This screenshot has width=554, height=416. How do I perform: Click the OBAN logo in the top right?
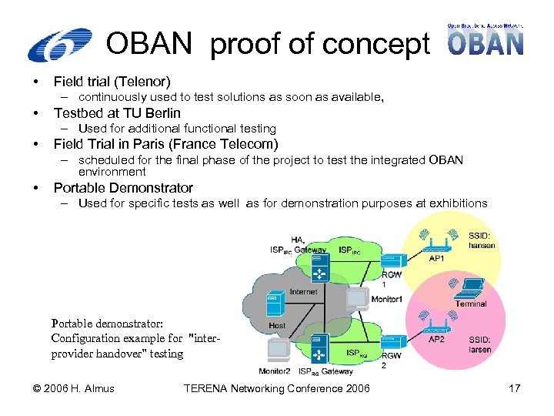[486, 39]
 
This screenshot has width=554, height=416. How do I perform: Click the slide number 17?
[515, 388]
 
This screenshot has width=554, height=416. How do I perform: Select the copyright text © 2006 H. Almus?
[74, 388]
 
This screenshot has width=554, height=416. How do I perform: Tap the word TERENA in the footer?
[208, 388]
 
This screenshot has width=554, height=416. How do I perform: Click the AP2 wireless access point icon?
[436, 329]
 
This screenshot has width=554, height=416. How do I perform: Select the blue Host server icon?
[274, 307]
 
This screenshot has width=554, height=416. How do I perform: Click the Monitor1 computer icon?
[357, 297]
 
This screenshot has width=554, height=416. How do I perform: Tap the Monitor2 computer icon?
[278, 351]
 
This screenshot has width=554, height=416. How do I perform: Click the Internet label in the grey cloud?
[303, 292]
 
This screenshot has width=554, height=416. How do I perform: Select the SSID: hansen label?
[482, 240]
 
